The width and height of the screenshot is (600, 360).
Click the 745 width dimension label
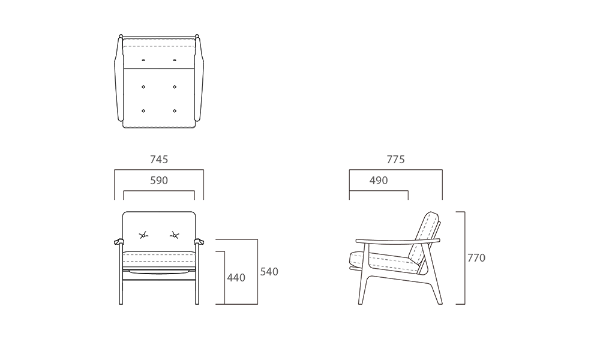159,159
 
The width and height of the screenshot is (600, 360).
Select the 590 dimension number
159,180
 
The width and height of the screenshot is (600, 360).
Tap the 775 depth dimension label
395,159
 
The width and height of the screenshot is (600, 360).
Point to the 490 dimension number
379,180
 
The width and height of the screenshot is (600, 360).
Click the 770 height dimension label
476,258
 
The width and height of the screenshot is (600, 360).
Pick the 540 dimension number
269,272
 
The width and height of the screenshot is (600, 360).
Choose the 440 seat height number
236,277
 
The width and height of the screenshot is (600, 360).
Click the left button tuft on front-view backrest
143,235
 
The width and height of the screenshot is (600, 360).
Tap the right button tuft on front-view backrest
175,235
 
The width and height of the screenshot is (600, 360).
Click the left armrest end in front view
119,241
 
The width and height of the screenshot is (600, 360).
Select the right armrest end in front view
199,241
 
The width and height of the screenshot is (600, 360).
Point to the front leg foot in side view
361,303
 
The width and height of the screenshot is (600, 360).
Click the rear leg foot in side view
440,303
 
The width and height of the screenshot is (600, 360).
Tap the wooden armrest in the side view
398,241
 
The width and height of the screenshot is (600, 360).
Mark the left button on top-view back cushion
143,61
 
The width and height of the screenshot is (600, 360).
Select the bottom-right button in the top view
175,111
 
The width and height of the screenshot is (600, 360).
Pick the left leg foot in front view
121,303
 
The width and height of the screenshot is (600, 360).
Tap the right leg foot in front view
197,303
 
